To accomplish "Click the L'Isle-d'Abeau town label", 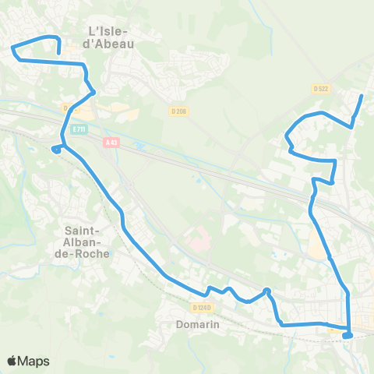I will [x=108, y=37].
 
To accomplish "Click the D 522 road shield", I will [x=321, y=89].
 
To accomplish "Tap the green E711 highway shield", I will [x=77, y=129].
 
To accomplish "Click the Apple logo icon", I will [x=12, y=361].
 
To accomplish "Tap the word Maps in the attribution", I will [x=34, y=361].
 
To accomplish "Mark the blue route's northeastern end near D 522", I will [x=362, y=96].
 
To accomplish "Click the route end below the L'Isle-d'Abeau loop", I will [x=59, y=53].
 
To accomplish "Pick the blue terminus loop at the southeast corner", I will [x=347, y=336].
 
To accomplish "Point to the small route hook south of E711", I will [x=55, y=149].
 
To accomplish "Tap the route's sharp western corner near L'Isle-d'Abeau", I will [x=13, y=49].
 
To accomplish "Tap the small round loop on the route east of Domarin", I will [x=266, y=291].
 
